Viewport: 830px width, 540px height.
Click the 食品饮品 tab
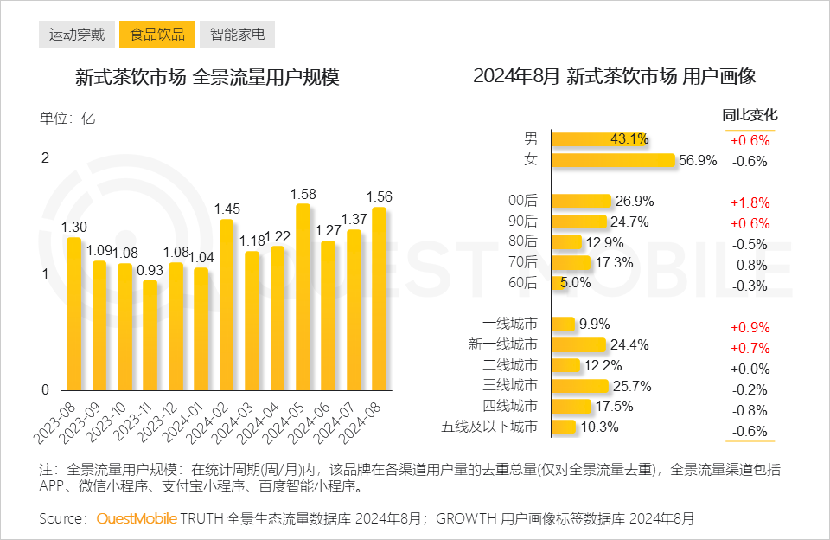156,35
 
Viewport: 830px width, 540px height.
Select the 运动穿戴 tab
76,35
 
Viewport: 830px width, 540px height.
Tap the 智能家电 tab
237,35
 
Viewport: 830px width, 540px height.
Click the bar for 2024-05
303,297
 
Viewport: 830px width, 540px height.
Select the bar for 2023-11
150,335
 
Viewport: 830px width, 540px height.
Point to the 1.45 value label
227,209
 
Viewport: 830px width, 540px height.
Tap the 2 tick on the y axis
46,157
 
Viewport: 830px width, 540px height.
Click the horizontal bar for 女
613,160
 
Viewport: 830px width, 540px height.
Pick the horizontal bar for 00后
581,201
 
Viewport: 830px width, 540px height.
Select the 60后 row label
523,283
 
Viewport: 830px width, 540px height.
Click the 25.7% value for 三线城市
630,386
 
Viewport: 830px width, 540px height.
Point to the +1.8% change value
750,202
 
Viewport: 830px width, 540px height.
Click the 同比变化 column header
750,115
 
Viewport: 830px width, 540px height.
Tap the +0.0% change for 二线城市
750,370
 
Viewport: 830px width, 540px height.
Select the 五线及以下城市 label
489,427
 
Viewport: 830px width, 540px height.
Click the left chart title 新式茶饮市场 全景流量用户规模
207,77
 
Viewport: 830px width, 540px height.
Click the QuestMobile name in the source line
137,519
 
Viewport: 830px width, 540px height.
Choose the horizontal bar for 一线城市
564,325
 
